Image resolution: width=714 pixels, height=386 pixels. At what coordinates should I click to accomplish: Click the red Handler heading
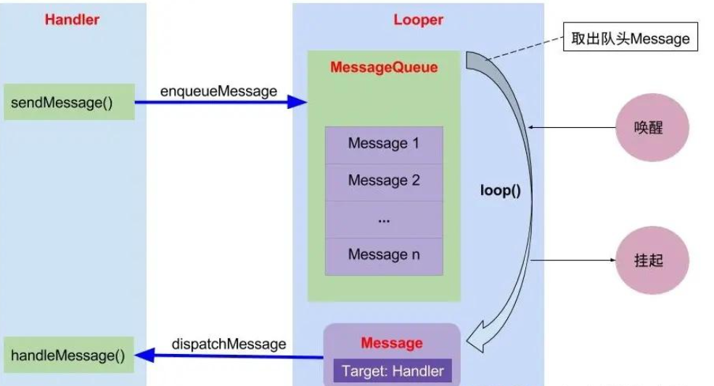(x=72, y=20)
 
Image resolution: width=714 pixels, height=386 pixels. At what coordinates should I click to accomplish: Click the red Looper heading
(x=418, y=20)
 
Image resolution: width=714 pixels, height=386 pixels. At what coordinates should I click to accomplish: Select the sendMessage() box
(x=69, y=102)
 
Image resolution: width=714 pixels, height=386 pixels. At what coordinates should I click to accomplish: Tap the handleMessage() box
(x=69, y=355)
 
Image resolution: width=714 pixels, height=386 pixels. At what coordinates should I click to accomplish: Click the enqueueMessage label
(x=218, y=92)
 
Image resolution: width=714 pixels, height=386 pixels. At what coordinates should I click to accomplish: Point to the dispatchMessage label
(x=229, y=344)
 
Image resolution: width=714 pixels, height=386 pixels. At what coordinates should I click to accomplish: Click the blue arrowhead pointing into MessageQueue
(x=297, y=102)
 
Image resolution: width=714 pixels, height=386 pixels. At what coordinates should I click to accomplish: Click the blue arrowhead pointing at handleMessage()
(x=145, y=355)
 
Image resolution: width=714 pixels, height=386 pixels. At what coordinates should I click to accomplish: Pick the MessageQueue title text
(x=384, y=68)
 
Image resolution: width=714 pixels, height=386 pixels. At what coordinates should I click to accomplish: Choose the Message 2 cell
(x=384, y=182)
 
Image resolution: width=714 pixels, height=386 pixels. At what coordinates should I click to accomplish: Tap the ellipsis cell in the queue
(x=384, y=220)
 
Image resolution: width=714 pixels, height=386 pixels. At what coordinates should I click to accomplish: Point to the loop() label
(x=501, y=190)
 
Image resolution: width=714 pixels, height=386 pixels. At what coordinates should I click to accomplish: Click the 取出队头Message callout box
(x=631, y=36)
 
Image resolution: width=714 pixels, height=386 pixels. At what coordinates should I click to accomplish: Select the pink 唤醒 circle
(x=652, y=127)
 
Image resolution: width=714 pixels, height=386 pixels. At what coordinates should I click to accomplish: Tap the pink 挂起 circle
(x=652, y=260)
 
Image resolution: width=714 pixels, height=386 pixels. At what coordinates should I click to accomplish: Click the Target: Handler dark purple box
(x=393, y=371)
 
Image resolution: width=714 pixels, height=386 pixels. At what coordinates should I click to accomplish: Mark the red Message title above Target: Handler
(x=392, y=343)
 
